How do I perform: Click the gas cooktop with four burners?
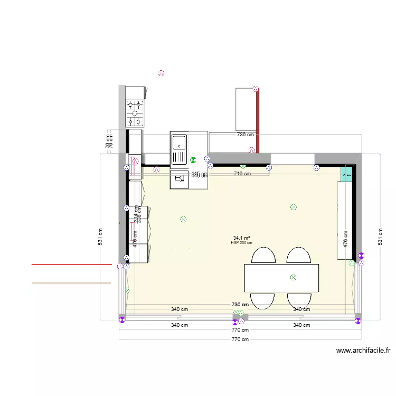pyautogui.click(x=135, y=112)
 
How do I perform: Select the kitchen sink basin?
pyautogui.click(x=179, y=142)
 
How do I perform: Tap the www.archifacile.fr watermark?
pyautogui.click(x=363, y=350)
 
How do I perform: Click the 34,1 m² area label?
pyautogui.click(x=241, y=238)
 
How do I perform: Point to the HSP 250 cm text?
pyautogui.click(x=241, y=243)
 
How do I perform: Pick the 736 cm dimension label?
pyautogui.click(x=244, y=135)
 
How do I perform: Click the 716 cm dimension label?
pyautogui.click(x=242, y=173)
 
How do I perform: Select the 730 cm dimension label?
pyautogui.click(x=240, y=305)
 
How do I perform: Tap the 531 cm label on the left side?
pyautogui.click(x=100, y=236)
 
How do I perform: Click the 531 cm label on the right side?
pyautogui.click(x=379, y=236)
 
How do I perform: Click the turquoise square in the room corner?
pyautogui.click(x=347, y=173)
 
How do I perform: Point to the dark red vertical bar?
pyautogui.click(x=258, y=120)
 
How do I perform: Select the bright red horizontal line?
pyautogui.click(x=71, y=264)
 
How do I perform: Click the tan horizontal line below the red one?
pyautogui.click(x=71, y=283)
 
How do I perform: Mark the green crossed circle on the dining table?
pyautogui.click(x=294, y=277)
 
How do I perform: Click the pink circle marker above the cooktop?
pyautogui.click(x=161, y=73)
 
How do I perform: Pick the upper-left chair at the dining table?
pyautogui.click(x=263, y=256)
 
